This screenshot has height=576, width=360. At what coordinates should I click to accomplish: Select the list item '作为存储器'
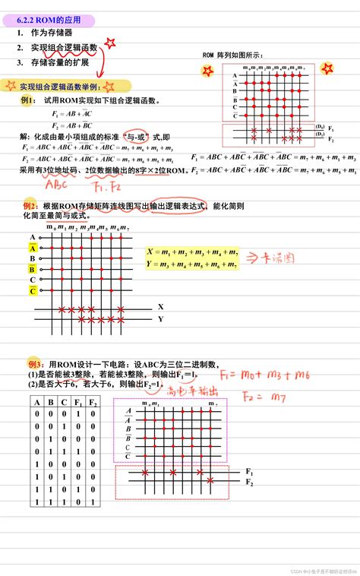52,33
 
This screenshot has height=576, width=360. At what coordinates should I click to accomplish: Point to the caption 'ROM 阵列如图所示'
232,55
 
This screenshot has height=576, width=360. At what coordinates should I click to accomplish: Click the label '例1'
28,100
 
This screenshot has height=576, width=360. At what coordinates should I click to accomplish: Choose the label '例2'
30,206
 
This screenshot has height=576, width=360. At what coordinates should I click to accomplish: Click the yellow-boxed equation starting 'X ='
191,257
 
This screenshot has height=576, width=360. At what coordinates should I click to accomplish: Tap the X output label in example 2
160,306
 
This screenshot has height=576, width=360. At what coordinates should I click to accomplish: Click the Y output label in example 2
160,320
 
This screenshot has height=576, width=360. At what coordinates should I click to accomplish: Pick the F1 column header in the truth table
77,403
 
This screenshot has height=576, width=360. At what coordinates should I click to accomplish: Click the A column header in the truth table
35,403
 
